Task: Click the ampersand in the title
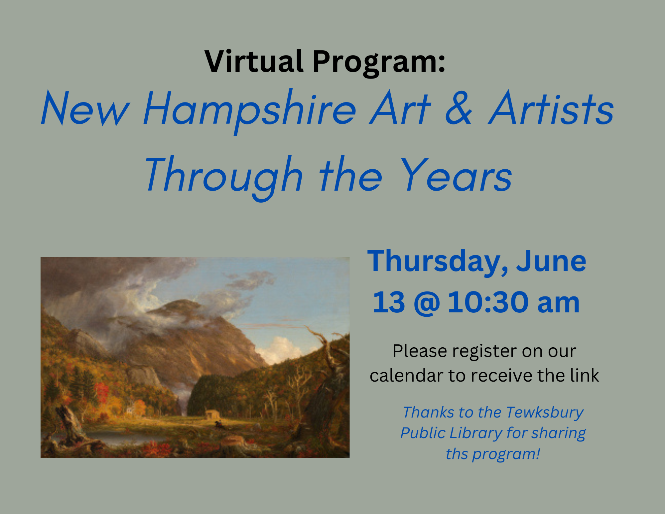point(459,108)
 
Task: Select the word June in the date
point(551,261)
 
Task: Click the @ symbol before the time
point(427,303)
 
